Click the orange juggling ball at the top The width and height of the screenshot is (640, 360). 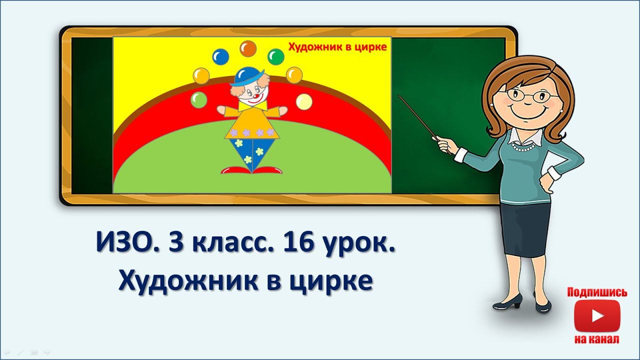(x=247, y=48)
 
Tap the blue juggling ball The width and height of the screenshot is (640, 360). (x=219, y=56)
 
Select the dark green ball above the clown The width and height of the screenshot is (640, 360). (x=275, y=56)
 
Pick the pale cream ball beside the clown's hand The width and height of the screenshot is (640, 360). (x=303, y=101)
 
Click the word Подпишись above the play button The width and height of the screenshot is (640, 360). (x=596, y=293)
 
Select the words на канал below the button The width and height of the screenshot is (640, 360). (x=596, y=340)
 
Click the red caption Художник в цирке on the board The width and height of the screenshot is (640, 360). (x=337, y=47)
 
